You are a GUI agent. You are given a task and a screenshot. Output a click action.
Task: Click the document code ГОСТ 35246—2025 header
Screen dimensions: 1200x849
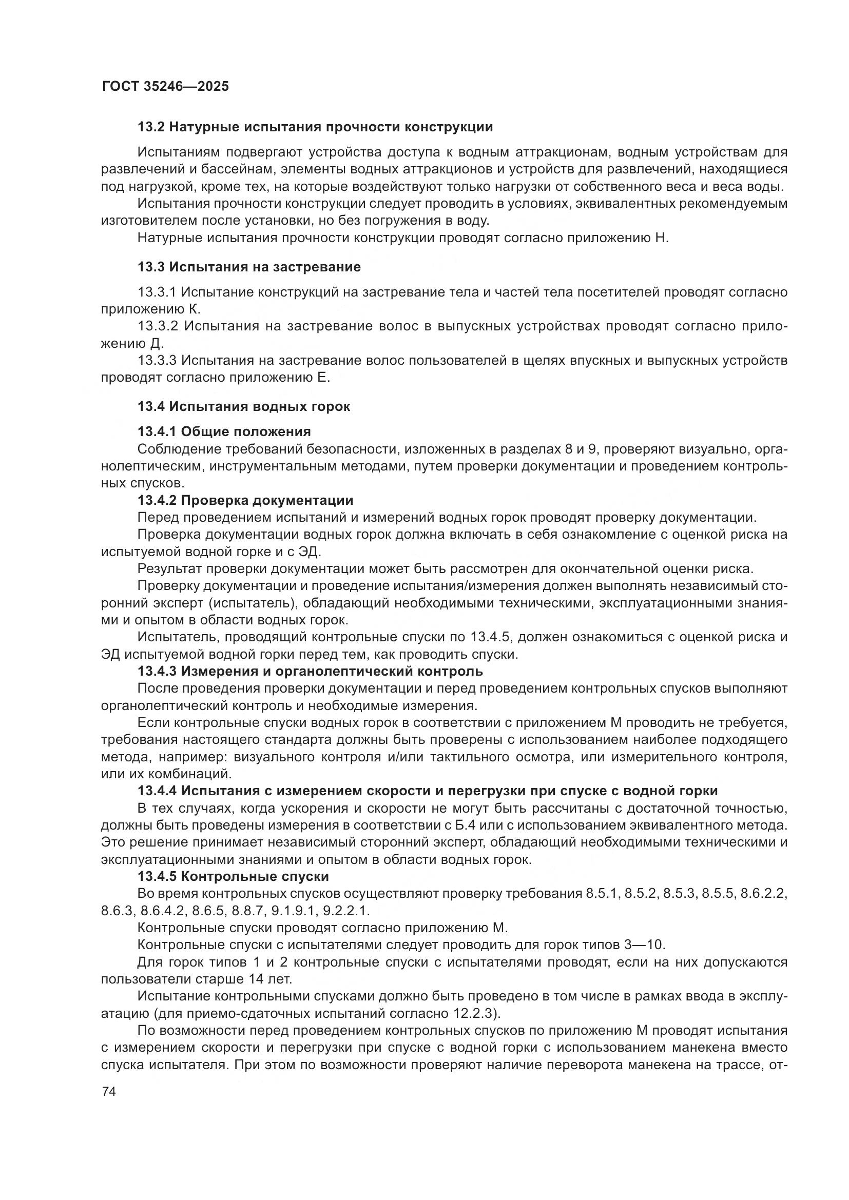[x=165, y=86]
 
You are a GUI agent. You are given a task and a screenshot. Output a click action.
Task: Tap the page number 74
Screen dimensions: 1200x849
[x=109, y=1092]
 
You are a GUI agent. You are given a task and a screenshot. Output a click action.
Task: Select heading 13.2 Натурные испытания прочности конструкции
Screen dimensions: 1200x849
[x=315, y=127]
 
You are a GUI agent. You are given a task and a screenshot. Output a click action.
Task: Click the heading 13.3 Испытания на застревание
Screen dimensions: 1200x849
[x=249, y=267]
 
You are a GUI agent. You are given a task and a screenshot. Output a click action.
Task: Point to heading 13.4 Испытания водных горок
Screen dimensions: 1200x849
[x=244, y=407]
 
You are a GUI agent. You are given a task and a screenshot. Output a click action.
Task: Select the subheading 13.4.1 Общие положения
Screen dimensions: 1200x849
[x=224, y=431]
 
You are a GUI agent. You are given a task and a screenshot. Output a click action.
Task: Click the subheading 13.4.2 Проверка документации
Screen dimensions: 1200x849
[x=245, y=501]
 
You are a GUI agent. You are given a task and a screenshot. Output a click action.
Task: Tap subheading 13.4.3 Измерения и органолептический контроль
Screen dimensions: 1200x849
[x=310, y=671]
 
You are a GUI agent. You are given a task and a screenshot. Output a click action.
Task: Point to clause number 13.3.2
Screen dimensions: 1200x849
[x=158, y=326]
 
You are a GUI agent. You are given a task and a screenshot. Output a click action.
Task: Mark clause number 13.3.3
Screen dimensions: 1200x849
[x=158, y=361]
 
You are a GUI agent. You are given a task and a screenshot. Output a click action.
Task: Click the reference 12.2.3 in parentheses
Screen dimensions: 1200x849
[x=471, y=1014]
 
